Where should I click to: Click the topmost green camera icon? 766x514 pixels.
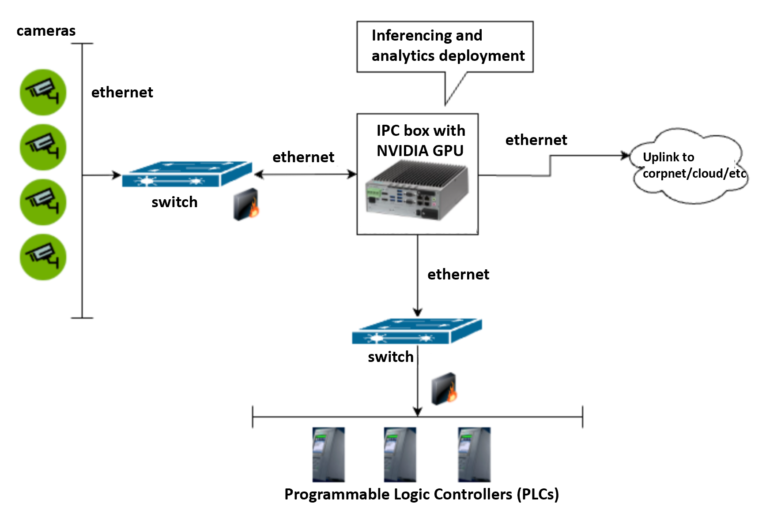click(43, 92)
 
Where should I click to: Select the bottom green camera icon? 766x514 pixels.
click(43, 257)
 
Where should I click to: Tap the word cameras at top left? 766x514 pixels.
click(46, 31)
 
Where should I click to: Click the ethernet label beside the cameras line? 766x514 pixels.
click(122, 92)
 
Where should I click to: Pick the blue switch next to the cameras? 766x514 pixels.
click(187, 174)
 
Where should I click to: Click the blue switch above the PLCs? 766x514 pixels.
click(417, 331)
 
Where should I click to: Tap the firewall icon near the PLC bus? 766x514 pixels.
click(444, 389)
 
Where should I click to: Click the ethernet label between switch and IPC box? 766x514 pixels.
click(303, 157)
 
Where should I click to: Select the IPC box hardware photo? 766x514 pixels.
click(417, 190)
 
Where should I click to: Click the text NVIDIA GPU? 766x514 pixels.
click(420, 151)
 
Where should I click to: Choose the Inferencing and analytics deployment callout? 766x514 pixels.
click(445, 46)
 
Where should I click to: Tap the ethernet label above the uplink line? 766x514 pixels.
click(536, 140)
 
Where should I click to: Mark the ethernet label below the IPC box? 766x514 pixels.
click(458, 274)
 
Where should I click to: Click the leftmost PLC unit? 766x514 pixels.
click(328, 454)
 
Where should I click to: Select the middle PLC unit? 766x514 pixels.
click(400, 454)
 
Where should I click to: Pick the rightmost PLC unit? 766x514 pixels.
click(474, 454)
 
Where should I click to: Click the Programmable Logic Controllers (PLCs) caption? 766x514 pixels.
click(422, 494)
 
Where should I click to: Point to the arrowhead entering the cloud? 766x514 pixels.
click(626, 155)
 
